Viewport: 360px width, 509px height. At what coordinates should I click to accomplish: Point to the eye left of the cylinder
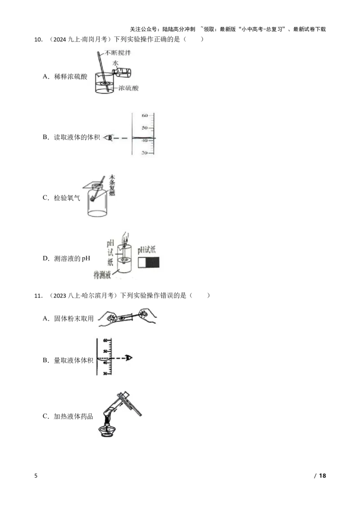[x=108, y=138]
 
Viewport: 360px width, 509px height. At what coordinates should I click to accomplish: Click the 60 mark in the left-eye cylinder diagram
[x=145, y=116]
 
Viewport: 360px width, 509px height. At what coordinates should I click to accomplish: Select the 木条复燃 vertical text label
[x=112, y=186]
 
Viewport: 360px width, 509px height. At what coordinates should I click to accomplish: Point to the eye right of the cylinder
[x=130, y=358]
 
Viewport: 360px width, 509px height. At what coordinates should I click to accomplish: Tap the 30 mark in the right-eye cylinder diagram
[x=105, y=374]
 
